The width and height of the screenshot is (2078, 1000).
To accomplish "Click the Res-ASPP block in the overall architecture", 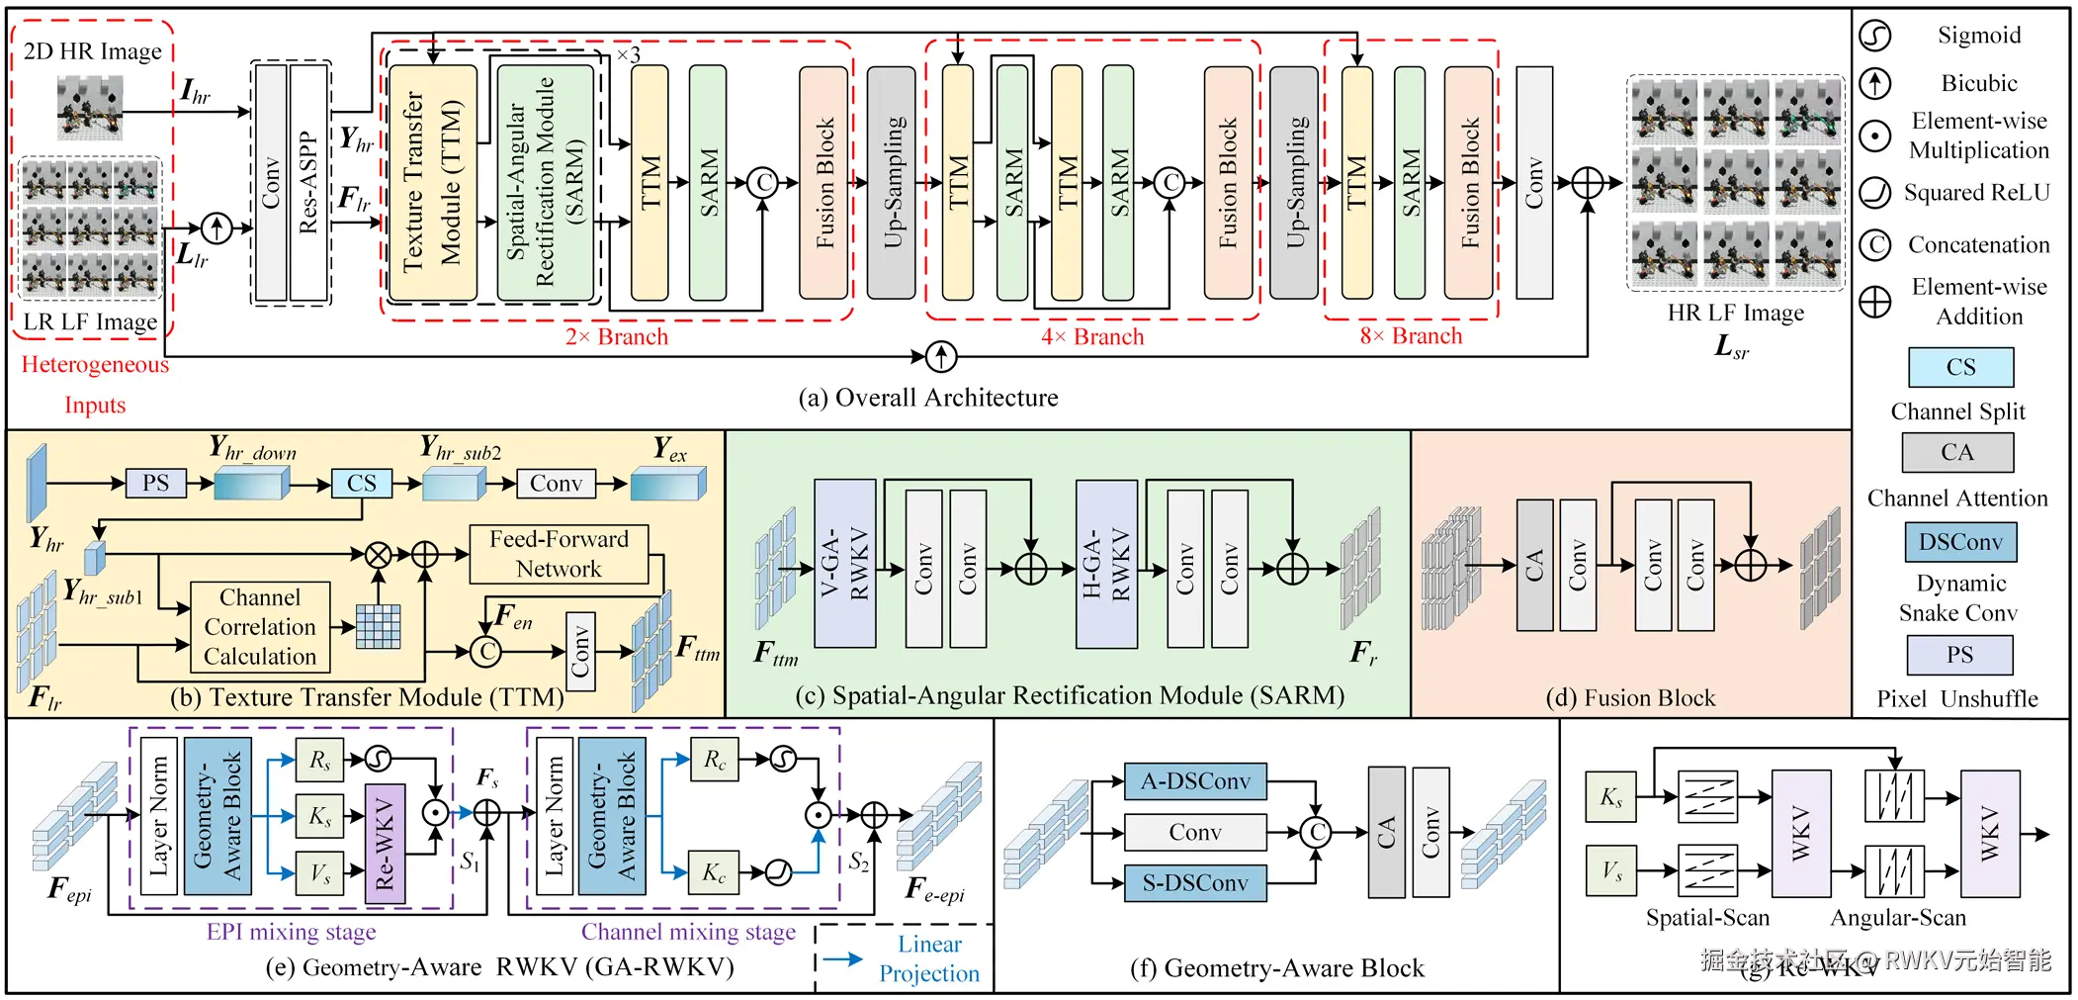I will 308,183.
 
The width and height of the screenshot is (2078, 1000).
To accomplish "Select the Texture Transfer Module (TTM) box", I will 433,183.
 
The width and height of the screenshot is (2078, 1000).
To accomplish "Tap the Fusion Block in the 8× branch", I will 1468,183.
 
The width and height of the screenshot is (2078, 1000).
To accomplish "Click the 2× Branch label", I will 617,337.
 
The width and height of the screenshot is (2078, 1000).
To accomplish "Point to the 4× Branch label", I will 1092,337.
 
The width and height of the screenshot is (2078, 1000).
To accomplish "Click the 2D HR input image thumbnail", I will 90,107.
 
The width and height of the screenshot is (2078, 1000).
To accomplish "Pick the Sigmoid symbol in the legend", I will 1874,36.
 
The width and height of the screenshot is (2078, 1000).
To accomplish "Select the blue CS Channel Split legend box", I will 1960,367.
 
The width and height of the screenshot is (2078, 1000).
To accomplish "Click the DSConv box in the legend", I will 1960,542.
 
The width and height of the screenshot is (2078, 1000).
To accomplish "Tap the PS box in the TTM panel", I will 156,483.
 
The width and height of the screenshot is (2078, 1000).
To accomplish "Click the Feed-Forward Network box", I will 559,554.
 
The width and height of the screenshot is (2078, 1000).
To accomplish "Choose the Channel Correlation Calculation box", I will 260,627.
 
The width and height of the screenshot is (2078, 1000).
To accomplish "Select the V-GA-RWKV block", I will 844,564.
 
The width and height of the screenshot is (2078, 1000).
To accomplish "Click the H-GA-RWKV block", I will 1106,564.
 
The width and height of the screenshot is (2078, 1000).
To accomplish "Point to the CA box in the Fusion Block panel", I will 1534,565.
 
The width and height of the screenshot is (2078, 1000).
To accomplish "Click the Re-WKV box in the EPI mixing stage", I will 385,844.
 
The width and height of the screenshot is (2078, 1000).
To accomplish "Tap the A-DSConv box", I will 1195,781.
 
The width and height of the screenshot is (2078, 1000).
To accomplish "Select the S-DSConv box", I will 1195,882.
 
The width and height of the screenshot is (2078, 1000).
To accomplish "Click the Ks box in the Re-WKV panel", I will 1610,797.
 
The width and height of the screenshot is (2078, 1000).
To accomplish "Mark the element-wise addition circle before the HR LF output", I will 1587,183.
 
